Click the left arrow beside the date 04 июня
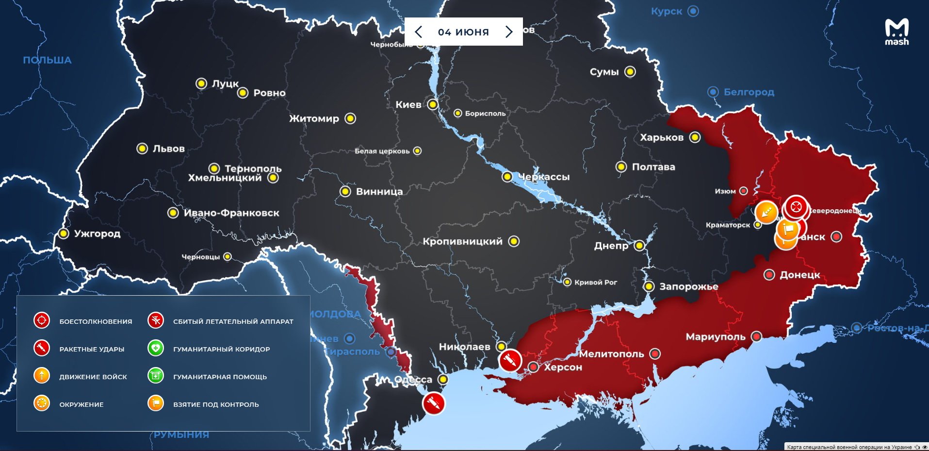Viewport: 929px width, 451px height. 419,32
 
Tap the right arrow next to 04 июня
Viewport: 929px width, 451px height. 509,32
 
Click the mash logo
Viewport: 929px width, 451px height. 896,32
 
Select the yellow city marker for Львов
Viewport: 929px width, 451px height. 142,149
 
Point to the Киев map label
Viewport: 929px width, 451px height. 408,104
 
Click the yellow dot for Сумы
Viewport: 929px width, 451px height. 630,72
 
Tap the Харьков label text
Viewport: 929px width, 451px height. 661,137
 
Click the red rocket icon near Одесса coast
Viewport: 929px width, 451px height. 433,403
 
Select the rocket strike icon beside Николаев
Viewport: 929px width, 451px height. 510,360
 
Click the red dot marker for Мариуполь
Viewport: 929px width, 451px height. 756,336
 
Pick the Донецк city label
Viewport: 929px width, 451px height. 799,275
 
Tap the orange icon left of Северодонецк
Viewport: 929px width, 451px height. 766,212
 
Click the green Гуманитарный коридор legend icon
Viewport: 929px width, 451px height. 156,348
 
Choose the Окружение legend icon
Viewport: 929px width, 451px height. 42,403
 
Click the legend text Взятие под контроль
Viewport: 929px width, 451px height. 216,404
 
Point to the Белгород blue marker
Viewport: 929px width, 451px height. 713,92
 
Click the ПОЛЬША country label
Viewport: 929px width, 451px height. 47,60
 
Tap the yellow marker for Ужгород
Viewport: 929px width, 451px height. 64,234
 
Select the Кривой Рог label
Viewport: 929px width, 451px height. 595,282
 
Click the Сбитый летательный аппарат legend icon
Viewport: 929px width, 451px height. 156,320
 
